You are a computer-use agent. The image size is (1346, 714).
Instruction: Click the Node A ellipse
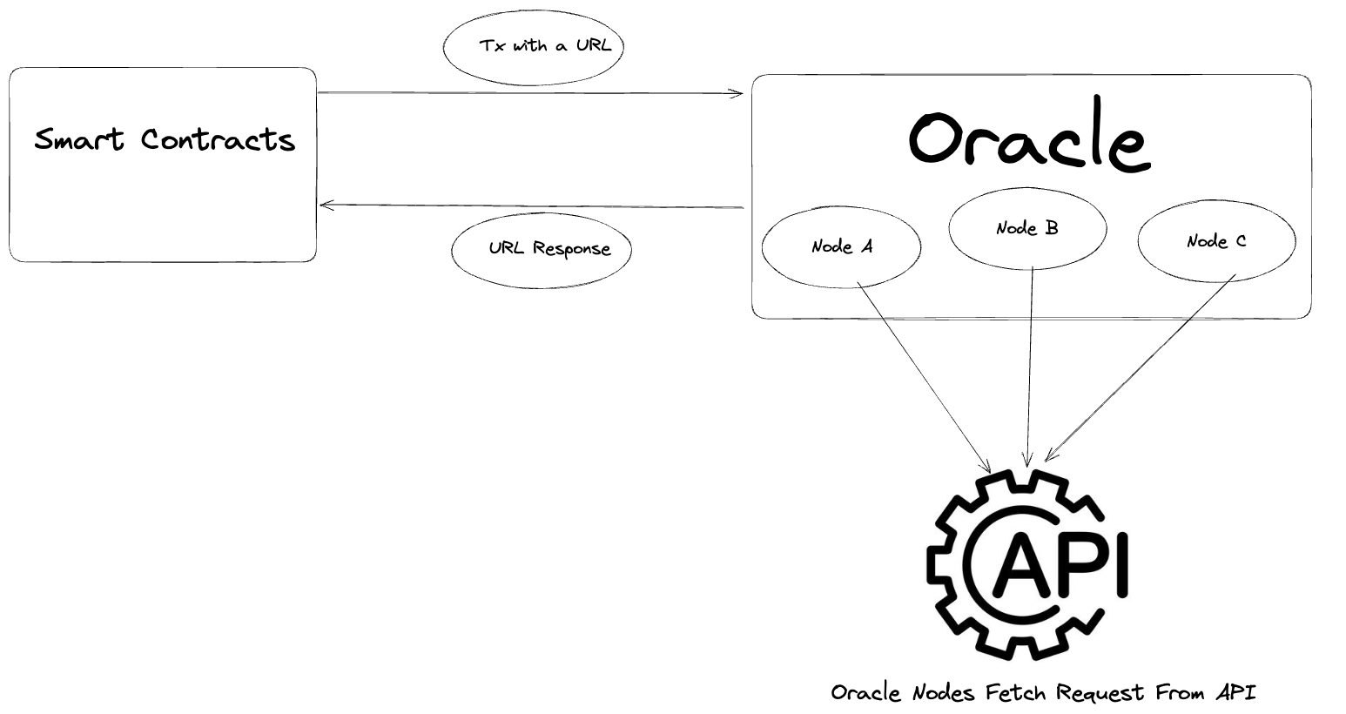click(x=841, y=246)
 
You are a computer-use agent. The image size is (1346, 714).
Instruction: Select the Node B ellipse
click(x=1027, y=229)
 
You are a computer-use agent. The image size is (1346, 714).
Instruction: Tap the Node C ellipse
click(x=1216, y=241)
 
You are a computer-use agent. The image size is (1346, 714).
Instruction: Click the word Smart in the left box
click(x=80, y=139)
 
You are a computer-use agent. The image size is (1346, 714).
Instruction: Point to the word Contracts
click(x=219, y=139)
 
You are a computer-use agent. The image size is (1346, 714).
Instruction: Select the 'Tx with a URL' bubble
click(x=534, y=47)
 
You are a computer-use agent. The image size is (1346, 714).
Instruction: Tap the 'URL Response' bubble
click(x=542, y=250)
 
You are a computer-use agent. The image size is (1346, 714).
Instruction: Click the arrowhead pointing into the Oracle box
click(x=737, y=93)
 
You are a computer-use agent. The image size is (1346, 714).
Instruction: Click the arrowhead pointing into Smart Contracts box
click(x=326, y=205)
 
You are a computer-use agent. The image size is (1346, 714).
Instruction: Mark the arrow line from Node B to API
click(x=1031, y=366)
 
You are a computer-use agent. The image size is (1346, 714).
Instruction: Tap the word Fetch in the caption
click(x=1016, y=692)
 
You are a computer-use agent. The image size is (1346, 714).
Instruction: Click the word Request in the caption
click(x=1100, y=692)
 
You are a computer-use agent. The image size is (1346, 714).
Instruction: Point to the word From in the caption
click(x=1181, y=692)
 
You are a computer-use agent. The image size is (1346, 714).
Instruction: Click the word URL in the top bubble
click(x=594, y=45)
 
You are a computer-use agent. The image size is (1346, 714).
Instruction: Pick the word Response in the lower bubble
click(x=571, y=250)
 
